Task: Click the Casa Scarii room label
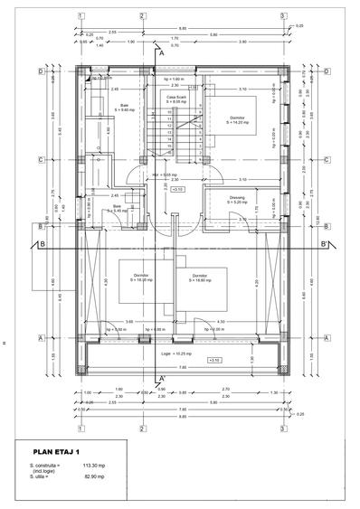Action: click(176, 98)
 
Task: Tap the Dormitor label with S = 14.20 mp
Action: click(239, 118)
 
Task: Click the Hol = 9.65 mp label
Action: click(175, 174)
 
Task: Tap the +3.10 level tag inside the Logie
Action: click(214, 360)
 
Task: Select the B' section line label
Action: click(323, 243)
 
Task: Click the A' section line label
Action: click(161, 54)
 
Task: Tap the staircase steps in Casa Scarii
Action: click(168, 127)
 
